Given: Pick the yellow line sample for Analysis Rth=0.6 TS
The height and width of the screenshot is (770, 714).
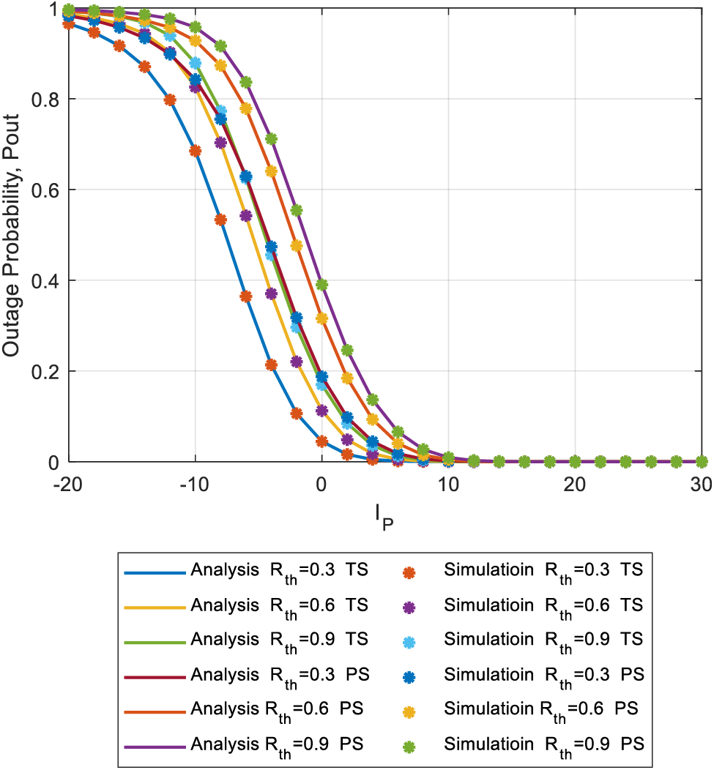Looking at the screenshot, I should tap(155, 606).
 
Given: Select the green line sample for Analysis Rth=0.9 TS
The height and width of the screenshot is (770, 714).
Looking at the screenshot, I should tap(155, 640).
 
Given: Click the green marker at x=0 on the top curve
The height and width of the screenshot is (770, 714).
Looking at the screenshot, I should tap(321, 285).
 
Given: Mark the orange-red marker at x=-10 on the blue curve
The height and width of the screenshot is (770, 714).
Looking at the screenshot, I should tap(196, 151).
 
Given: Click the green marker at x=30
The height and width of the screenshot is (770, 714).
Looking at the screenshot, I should tap(701, 462).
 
